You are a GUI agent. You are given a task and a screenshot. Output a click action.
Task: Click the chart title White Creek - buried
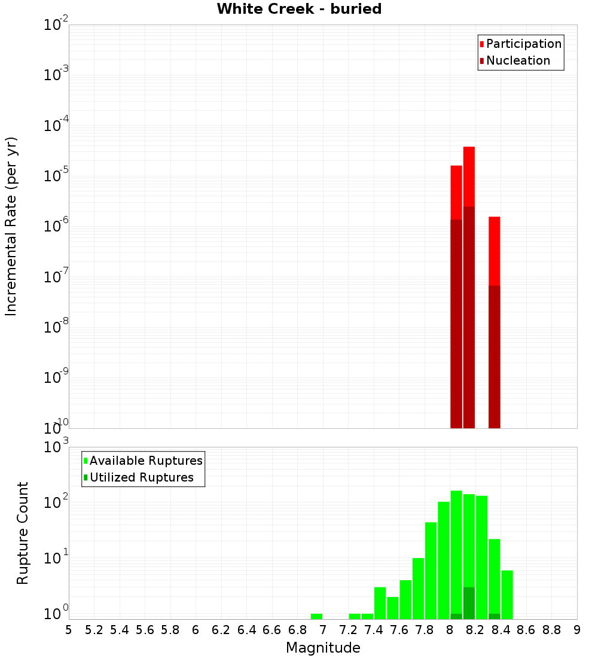pos(299,9)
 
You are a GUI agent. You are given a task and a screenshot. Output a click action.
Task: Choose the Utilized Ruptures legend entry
pos(141,477)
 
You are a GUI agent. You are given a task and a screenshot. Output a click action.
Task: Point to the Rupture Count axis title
pos(23,532)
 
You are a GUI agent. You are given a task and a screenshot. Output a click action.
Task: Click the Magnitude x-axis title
pos(323,648)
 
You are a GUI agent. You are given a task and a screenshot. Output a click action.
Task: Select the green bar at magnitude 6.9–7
pos(316,616)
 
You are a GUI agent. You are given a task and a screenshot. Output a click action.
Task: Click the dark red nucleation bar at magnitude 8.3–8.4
pos(494,357)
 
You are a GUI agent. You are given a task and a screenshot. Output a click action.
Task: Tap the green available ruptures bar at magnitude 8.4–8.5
pos(507,595)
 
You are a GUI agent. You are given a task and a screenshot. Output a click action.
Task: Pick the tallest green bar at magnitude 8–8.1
pos(456,550)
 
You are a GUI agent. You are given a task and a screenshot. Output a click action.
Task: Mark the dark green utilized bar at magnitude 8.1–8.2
pos(469,603)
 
